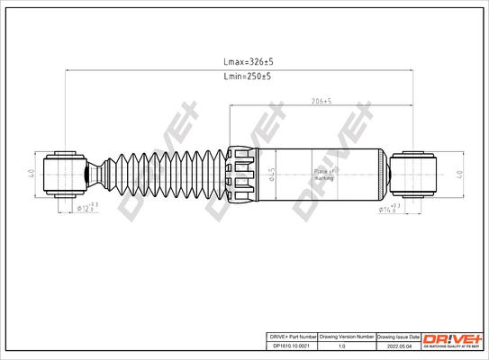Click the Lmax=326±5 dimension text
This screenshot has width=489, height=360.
(x=247, y=62)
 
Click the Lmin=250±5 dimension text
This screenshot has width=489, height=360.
(x=247, y=77)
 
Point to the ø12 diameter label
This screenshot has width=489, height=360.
(x=85, y=208)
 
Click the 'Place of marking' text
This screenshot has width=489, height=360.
(x=323, y=173)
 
